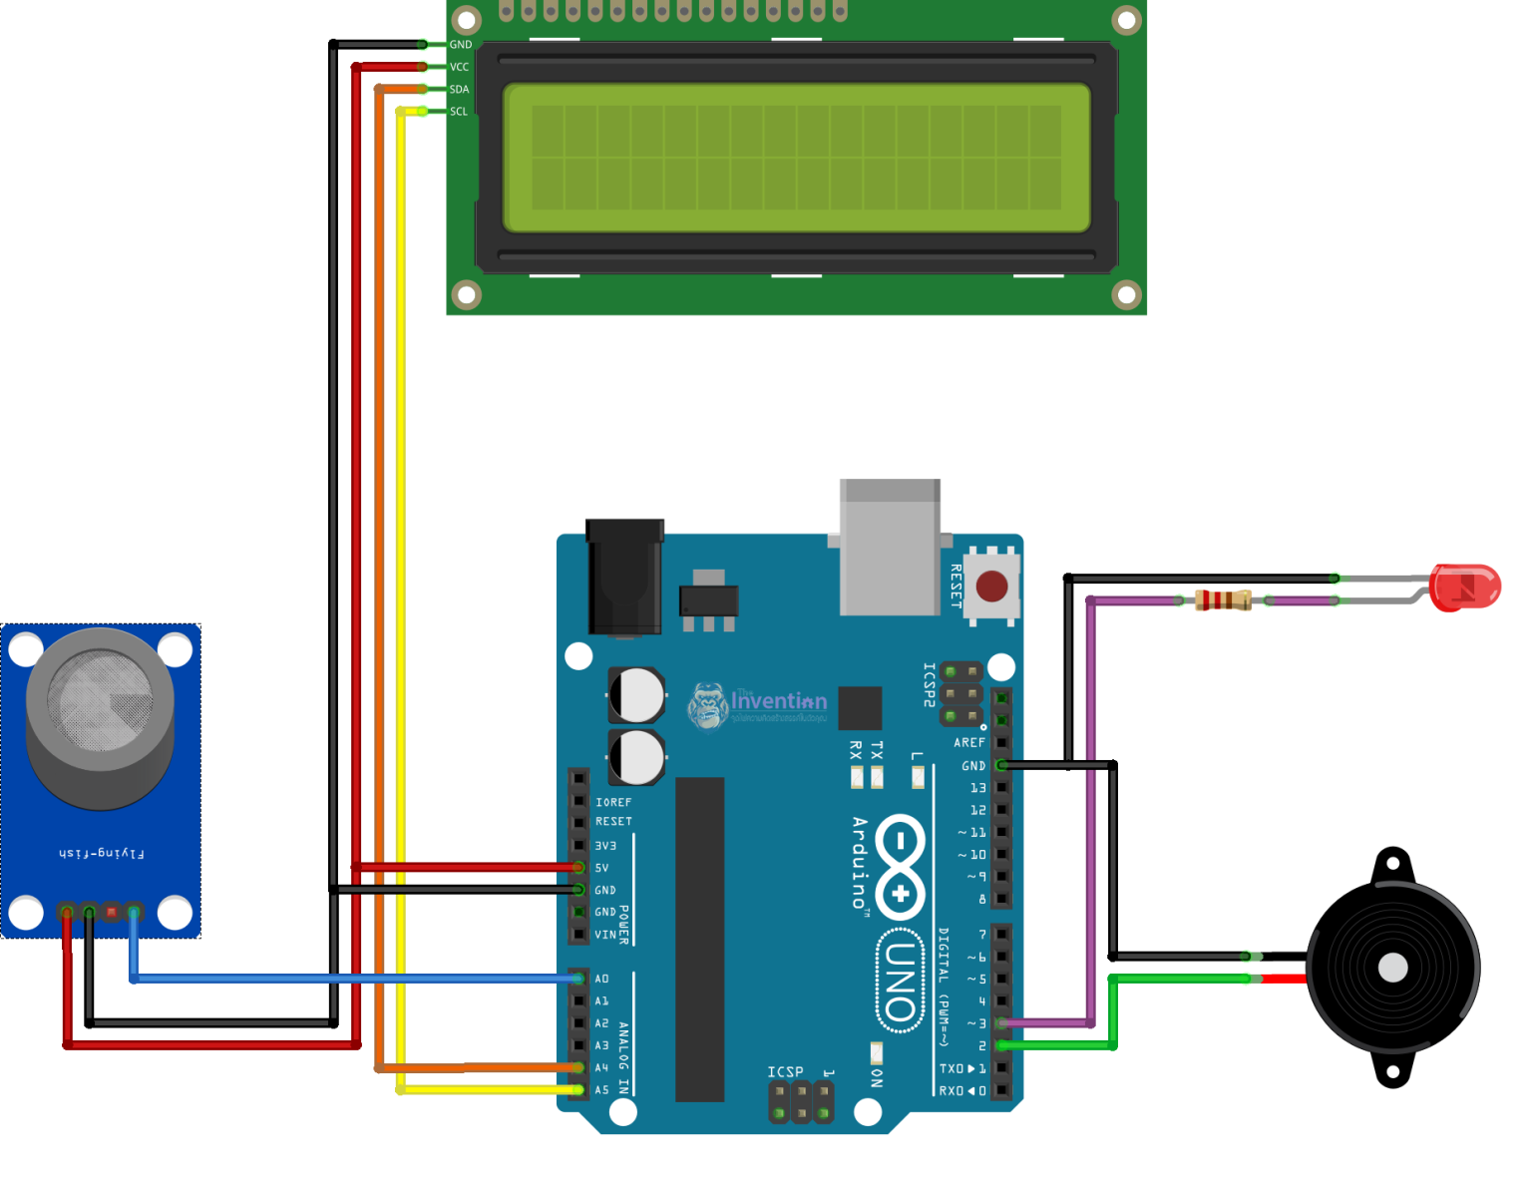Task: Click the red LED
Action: (1463, 587)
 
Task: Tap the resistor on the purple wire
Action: (1223, 600)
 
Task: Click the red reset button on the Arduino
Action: (991, 587)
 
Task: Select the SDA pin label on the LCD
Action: (459, 90)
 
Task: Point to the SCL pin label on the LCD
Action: (459, 112)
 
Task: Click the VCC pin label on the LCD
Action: (459, 67)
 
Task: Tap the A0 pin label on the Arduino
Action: (601, 979)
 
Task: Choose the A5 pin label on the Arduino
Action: (601, 1090)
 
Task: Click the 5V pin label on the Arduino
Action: (601, 868)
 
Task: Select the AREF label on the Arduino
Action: (968, 743)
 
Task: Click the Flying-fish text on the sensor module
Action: (101, 854)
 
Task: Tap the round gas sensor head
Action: (100, 703)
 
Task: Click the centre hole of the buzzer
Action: (1392, 968)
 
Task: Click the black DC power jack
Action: (624, 577)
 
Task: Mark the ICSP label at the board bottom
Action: (785, 1072)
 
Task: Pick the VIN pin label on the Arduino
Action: (605, 935)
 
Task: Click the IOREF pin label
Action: (613, 802)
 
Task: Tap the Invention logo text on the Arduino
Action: (778, 701)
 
